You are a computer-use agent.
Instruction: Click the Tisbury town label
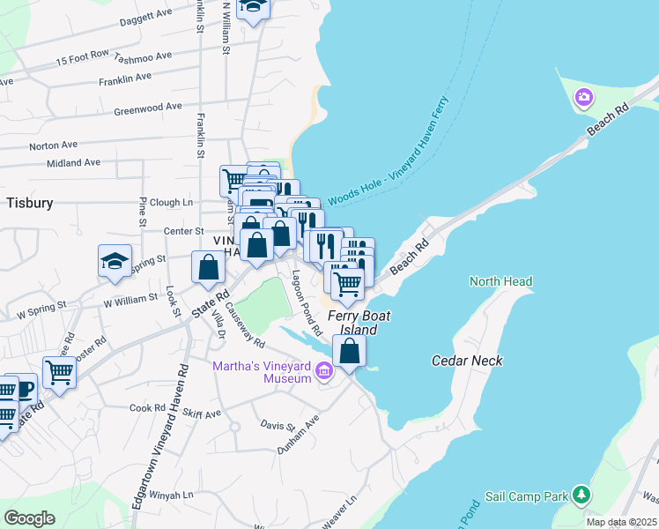pyautogui.click(x=30, y=202)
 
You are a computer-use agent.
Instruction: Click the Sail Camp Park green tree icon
pyautogui.click(x=581, y=495)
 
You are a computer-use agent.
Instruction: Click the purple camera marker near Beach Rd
pyautogui.click(x=582, y=97)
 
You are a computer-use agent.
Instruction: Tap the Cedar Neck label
pyautogui.click(x=467, y=361)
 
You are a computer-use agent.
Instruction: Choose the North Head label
pyautogui.click(x=500, y=282)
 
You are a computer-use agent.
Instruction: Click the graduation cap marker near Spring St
pyautogui.click(x=115, y=262)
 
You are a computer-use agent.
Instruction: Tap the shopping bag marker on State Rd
pyautogui.click(x=208, y=267)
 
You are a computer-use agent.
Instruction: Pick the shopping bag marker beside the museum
pyautogui.click(x=350, y=352)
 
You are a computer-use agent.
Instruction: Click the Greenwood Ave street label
pyautogui.click(x=148, y=109)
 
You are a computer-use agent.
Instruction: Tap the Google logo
pyautogui.click(x=29, y=518)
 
